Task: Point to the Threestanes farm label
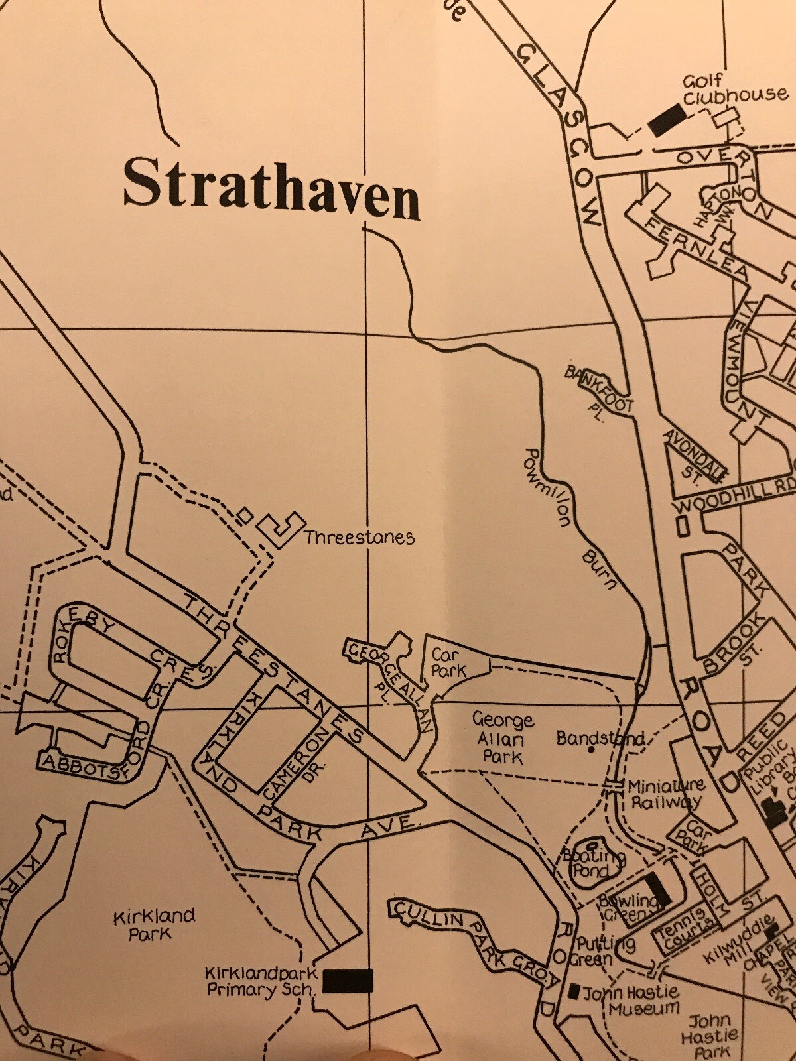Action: pos(359,537)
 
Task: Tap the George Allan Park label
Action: pos(501,738)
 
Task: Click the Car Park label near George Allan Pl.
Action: pos(448,662)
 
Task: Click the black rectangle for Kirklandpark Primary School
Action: pos(348,980)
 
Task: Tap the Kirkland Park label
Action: pos(153,924)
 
